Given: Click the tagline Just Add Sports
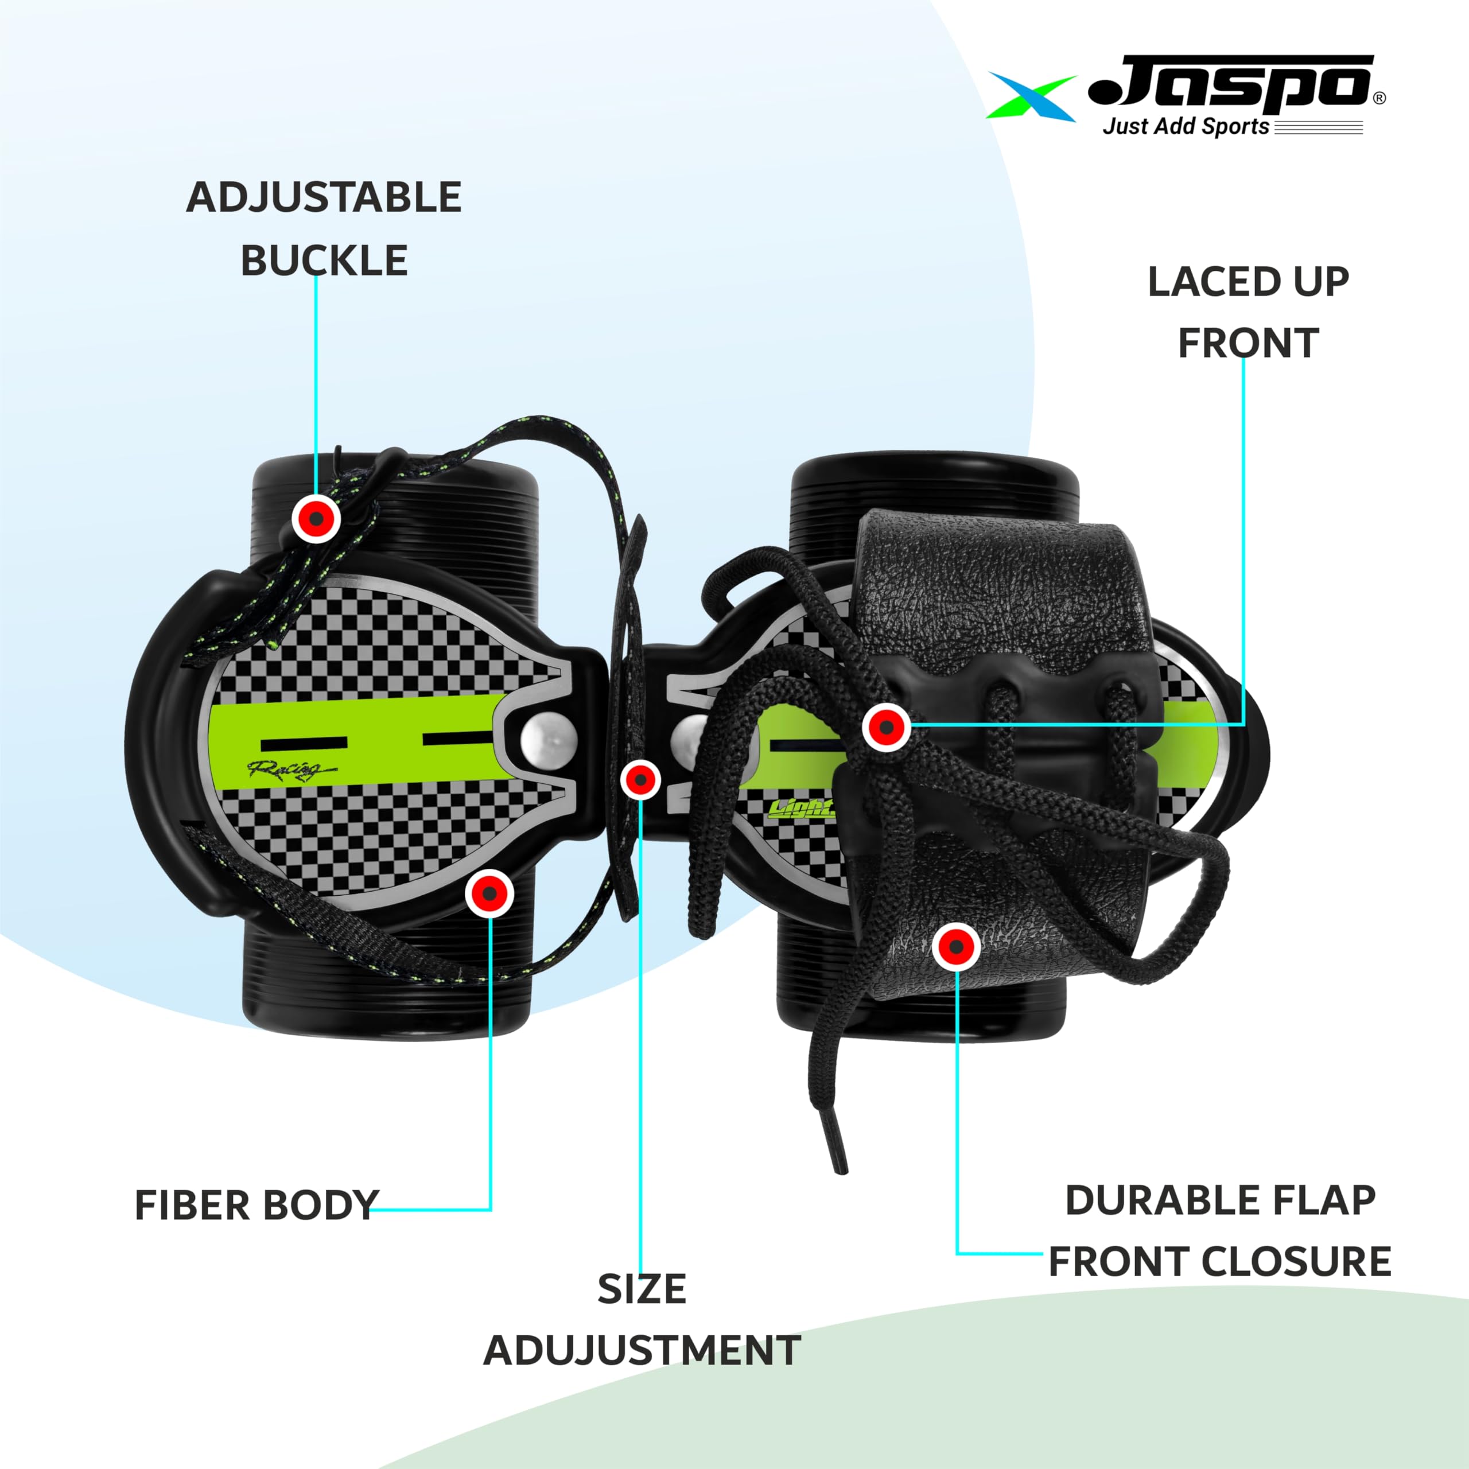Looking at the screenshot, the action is click(1186, 126).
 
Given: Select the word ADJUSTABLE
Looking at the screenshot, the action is click(324, 198).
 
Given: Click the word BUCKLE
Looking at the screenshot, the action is click(324, 261).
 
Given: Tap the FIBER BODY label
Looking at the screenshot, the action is click(257, 1205).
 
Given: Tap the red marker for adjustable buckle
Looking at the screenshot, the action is click(316, 519).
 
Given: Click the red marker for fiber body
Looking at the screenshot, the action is click(489, 893).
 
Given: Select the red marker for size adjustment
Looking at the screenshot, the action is click(640, 779).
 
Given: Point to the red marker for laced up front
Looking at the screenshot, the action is click(886, 727).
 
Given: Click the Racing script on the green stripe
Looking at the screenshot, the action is click(289, 770).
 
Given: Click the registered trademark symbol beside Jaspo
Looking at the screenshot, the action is click(1379, 98).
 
